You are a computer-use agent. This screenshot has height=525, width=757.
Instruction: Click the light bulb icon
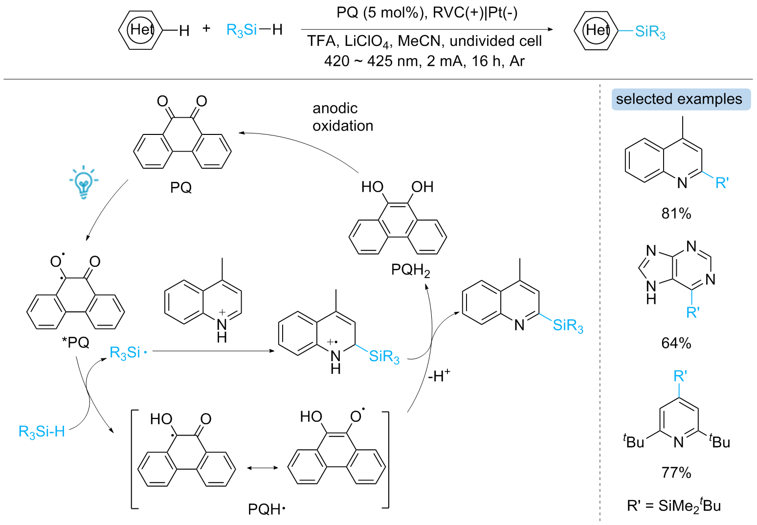pyautogui.click(x=84, y=182)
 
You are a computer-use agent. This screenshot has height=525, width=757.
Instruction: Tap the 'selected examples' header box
pyautogui.click(x=681, y=99)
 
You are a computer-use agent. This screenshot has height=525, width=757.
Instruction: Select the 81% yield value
pyautogui.click(x=676, y=214)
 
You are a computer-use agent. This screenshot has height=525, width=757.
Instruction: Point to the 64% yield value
pyautogui.click(x=676, y=343)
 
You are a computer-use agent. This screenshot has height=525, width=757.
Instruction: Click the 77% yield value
pyautogui.click(x=676, y=472)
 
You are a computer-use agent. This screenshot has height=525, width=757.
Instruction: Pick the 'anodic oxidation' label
pyautogui.click(x=343, y=117)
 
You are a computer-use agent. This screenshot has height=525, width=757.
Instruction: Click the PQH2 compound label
pyautogui.click(x=411, y=270)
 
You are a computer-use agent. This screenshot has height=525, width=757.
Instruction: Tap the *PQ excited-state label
pyautogui.click(x=76, y=342)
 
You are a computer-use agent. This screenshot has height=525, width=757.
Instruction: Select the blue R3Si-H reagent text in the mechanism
pyautogui.click(x=42, y=432)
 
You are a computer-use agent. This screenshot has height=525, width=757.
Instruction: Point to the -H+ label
pyautogui.click(x=439, y=375)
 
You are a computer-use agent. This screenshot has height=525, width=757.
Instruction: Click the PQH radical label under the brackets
pyautogui.click(x=267, y=509)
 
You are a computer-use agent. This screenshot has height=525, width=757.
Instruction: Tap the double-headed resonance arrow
pyautogui.click(x=262, y=468)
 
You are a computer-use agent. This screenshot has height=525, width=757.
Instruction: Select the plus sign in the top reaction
pyautogui.click(x=206, y=28)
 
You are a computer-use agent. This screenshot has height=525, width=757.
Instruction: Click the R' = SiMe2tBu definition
pyautogui.click(x=674, y=506)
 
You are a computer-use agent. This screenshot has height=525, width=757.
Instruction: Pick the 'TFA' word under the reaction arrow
pyautogui.click(x=321, y=41)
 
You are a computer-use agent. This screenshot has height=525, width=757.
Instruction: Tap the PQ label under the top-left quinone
pyautogui.click(x=181, y=188)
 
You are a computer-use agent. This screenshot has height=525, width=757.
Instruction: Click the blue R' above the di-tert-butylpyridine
pyautogui.click(x=680, y=376)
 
